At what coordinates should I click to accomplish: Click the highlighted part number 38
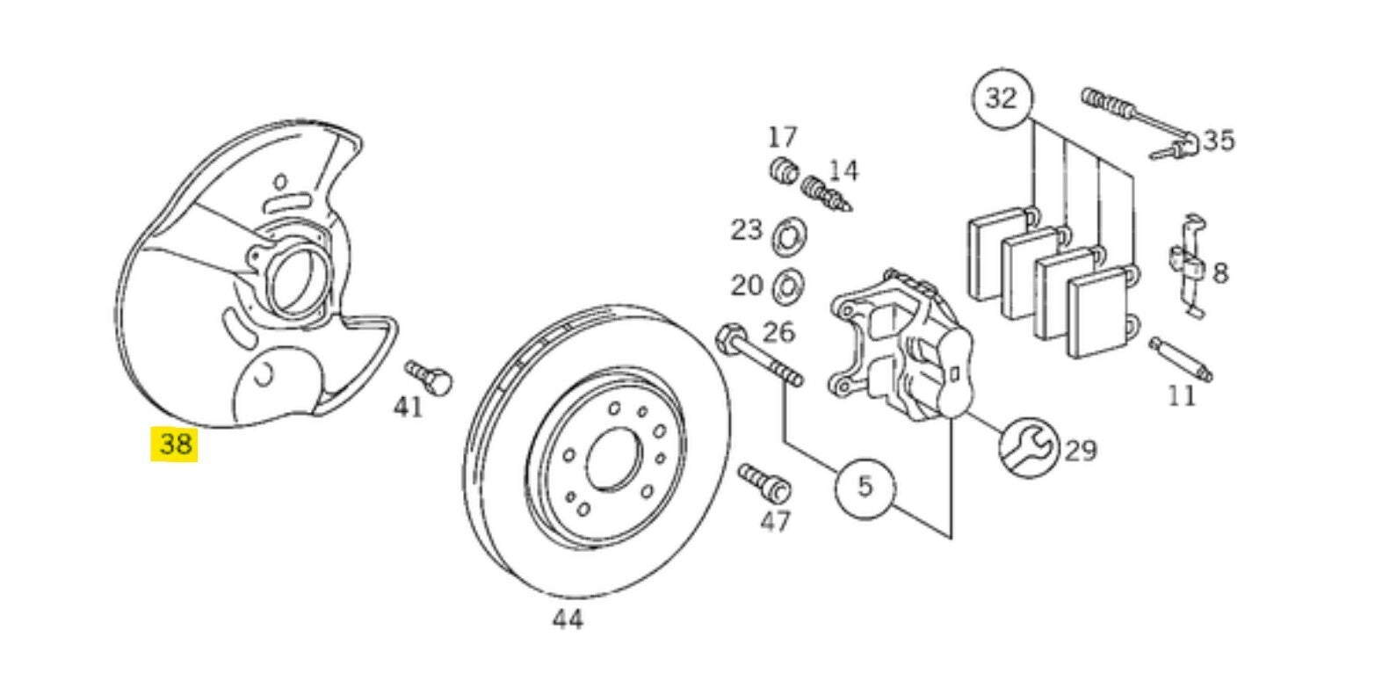tap(175, 444)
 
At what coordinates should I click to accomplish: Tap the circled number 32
tap(1001, 98)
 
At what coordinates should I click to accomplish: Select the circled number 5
tap(865, 488)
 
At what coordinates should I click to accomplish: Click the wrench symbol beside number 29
tap(1029, 448)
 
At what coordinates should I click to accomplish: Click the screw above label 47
tap(765, 483)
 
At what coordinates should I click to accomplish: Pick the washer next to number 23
tap(789, 237)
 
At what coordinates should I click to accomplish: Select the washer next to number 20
tap(788, 286)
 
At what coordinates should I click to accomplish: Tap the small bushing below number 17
tap(785, 170)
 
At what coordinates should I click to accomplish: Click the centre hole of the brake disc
tap(613, 460)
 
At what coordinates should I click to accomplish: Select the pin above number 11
tap(1181, 359)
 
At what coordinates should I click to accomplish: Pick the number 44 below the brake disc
tap(567, 619)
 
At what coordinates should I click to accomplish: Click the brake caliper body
tap(901, 345)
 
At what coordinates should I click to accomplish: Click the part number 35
tap(1219, 141)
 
